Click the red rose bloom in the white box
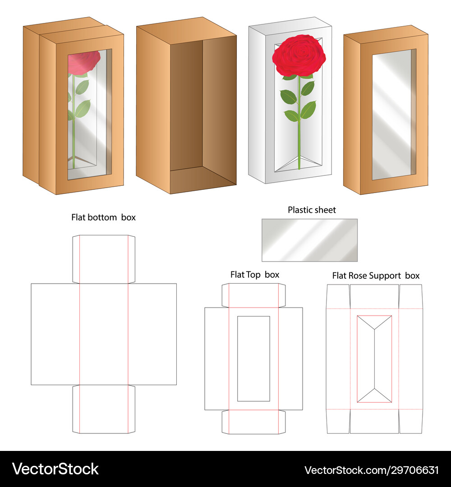point(299,55)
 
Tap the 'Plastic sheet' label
point(312,210)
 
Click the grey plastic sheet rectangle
point(310,240)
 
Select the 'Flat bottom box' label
point(103,217)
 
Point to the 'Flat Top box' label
point(255,275)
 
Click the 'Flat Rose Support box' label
point(376,276)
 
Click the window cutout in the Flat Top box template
point(253,359)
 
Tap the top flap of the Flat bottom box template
point(104,259)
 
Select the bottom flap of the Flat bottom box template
point(104,409)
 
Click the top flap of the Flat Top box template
point(253,295)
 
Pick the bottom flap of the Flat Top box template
point(253,422)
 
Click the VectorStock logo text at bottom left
point(55,469)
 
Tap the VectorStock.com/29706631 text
point(372,470)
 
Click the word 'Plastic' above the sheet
point(299,210)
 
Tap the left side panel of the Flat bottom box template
point(55,334)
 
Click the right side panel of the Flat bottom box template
point(152,334)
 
